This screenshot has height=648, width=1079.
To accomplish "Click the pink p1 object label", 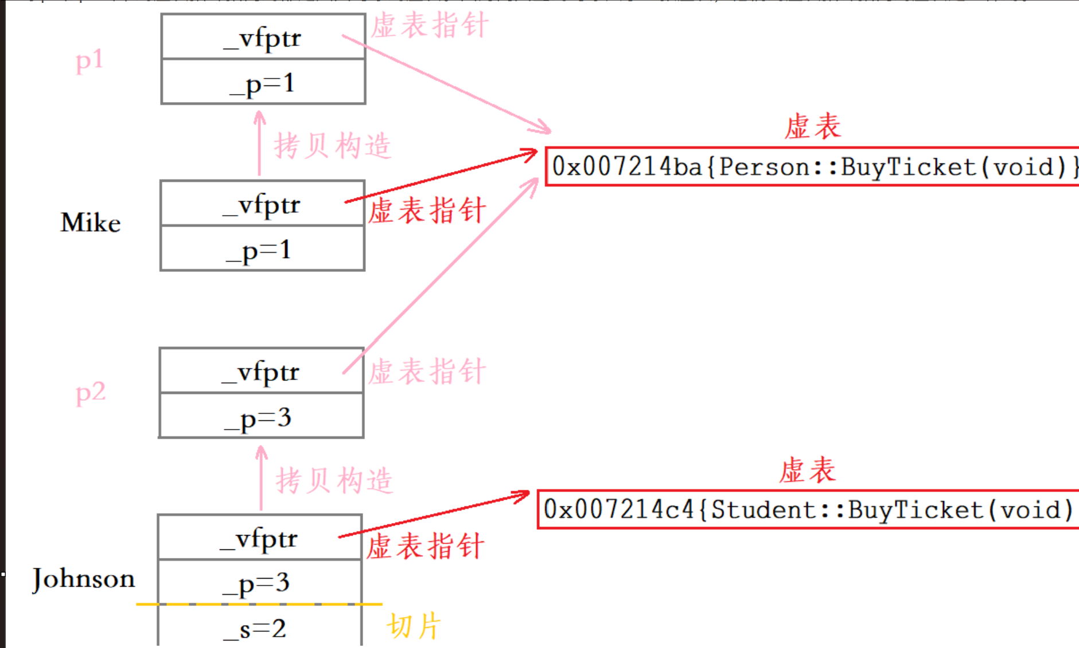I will pos(89,61).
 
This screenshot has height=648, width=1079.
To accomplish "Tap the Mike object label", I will pos(91,222).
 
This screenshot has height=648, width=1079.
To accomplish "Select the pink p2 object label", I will pos(91,393).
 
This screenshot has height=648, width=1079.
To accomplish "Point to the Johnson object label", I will pos(84,579).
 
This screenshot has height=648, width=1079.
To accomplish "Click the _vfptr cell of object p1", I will pos(263,37).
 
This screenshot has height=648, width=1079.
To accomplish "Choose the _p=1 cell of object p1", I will pos(263,83).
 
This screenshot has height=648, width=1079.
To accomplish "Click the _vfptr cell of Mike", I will pos(262,204).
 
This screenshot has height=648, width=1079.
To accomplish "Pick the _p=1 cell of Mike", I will pos(262,249).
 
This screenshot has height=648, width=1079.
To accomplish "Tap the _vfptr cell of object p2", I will pos(261,371).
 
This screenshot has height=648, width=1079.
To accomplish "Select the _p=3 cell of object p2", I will pos(261,417).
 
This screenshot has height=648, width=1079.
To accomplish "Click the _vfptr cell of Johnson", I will pos(259,538).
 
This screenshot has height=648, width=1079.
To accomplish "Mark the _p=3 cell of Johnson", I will pos(259,583).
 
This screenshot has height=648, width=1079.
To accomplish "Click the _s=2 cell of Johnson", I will pos(259,628).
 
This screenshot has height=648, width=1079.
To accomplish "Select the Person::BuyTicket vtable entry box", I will pos(812,167).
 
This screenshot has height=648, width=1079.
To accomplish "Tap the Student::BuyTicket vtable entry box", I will pos(808,510).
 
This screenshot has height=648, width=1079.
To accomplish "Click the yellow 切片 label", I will pos(414,626).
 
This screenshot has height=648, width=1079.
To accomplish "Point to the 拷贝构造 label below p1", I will pos(333,146).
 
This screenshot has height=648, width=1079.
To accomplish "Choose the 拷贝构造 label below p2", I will pos(334,481).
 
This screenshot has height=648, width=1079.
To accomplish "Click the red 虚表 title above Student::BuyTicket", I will pos(807,470).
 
